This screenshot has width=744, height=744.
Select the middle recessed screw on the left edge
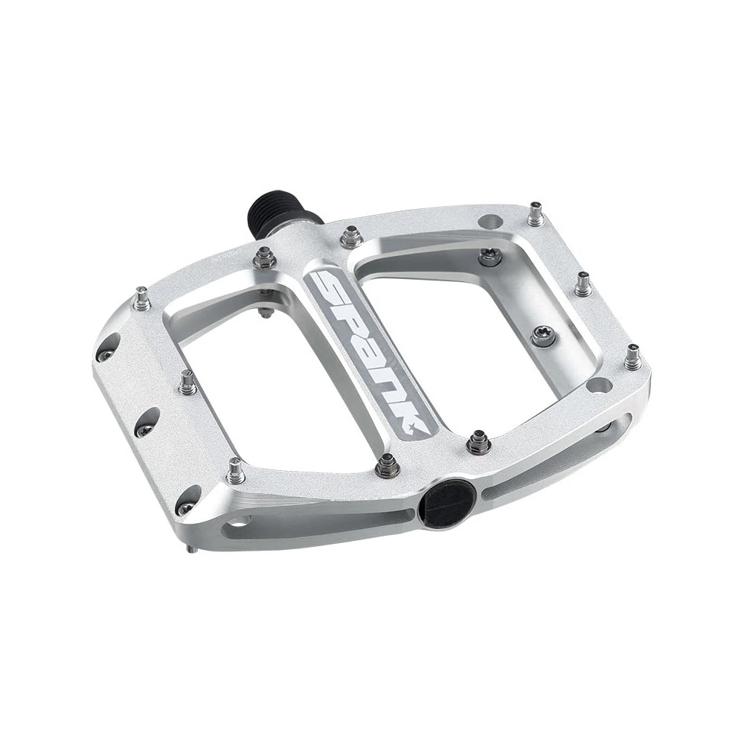(143, 422)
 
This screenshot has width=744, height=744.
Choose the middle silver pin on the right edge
(582, 284)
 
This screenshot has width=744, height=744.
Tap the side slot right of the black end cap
(491, 490)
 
